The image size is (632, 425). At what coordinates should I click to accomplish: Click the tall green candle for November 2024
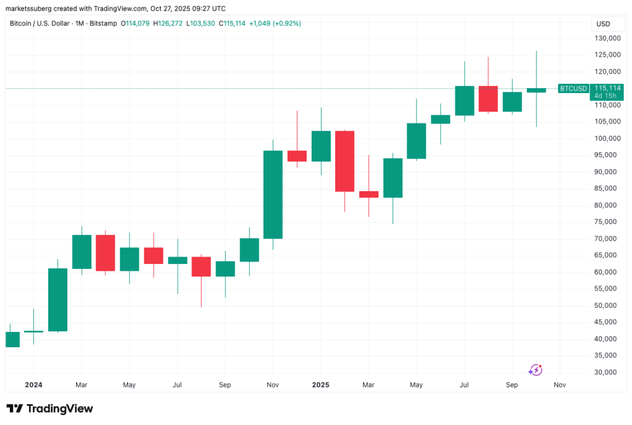click(273, 194)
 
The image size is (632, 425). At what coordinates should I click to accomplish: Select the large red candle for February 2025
click(344, 161)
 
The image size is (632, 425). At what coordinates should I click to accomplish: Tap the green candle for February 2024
click(57, 300)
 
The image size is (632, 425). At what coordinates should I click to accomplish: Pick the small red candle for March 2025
click(368, 194)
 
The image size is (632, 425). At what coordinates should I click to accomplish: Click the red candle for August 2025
click(488, 99)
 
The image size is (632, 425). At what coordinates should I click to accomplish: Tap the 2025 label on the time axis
click(320, 385)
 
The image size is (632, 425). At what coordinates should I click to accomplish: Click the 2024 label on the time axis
click(33, 385)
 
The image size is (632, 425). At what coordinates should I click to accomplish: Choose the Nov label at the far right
click(560, 385)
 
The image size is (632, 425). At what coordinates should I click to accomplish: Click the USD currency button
click(603, 23)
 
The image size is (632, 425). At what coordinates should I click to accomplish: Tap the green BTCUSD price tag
click(573, 89)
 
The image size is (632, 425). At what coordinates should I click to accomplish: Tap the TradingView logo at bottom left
click(49, 408)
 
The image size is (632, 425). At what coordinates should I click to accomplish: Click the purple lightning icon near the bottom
click(535, 369)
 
